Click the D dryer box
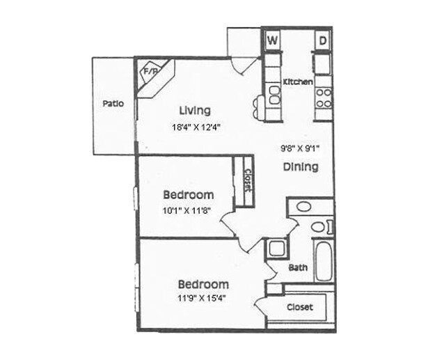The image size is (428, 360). (x=324, y=40)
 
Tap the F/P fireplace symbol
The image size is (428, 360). (x=150, y=72)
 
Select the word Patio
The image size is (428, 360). (x=113, y=104)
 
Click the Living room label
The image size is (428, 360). (x=194, y=110)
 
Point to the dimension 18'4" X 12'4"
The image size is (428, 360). (x=197, y=127)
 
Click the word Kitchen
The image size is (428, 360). (x=297, y=82)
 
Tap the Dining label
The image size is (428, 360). (x=301, y=167)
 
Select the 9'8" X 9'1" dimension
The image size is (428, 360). (x=300, y=148)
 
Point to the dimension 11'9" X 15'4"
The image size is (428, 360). (x=202, y=298)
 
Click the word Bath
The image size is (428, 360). (x=297, y=267)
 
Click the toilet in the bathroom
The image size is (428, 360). (x=319, y=226)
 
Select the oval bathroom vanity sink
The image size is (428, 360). (x=303, y=207)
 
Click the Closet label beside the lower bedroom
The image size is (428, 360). (x=300, y=307)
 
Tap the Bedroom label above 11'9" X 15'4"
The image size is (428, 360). (x=203, y=284)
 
